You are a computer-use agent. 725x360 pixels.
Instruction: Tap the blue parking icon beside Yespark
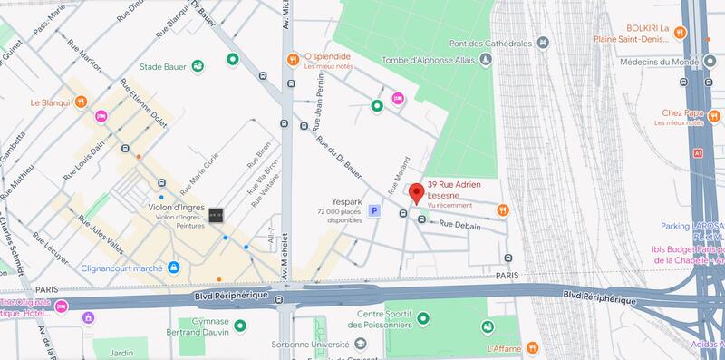(373, 210)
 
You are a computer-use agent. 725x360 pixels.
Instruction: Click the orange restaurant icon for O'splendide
(293, 59)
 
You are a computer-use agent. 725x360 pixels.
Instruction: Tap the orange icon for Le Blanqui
(81, 102)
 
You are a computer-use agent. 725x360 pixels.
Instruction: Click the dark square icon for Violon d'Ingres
(216, 215)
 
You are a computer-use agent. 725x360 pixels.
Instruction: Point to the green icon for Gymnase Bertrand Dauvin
(239, 326)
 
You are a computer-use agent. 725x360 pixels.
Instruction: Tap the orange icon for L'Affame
(534, 346)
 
